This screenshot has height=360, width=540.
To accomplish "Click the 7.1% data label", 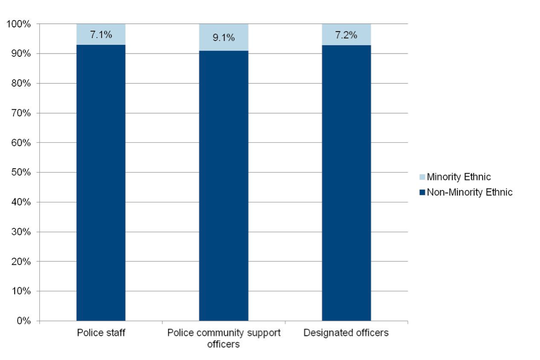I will (101, 35).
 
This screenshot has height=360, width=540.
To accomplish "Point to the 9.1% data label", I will (224, 38).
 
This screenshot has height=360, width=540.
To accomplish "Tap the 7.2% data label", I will (346, 35).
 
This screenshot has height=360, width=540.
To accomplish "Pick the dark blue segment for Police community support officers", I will (224, 186).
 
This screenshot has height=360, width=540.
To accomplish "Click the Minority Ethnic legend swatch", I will (422, 178).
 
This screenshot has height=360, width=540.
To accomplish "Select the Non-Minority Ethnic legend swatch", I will (422, 192).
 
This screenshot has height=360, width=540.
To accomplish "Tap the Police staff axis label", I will (101, 333).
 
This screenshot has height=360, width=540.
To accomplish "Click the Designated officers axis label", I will (346, 333).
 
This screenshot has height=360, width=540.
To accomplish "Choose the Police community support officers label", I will (224, 338).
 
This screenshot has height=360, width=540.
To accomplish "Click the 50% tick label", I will (20, 173).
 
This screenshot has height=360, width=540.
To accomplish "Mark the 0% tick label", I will (23, 321).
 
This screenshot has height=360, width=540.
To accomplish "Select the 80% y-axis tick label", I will (20, 84).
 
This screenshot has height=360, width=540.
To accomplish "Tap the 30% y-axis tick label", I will (20, 232).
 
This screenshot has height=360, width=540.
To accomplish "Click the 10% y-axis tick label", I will (20, 291).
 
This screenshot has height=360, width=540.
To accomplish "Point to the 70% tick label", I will (20, 113).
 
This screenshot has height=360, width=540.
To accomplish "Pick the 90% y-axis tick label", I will (20, 54).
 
